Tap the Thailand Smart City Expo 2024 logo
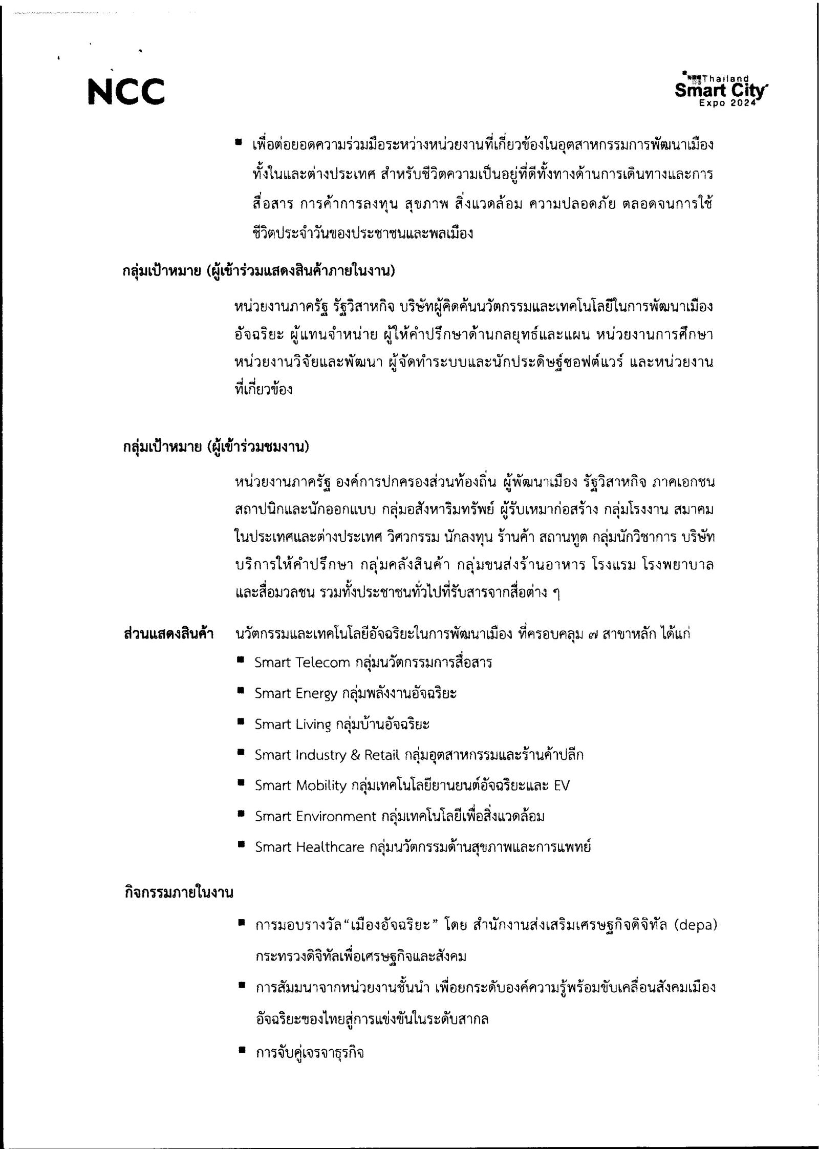[x=721, y=91]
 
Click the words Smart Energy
[x=296, y=694]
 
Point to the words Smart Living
[x=293, y=725]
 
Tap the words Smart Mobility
[x=300, y=785]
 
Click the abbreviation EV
[x=562, y=785]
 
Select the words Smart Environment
[x=315, y=816]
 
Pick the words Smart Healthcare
[x=309, y=847]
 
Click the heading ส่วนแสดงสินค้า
[x=168, y=634]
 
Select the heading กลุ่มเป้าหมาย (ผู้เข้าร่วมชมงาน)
[x=215, y=447]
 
